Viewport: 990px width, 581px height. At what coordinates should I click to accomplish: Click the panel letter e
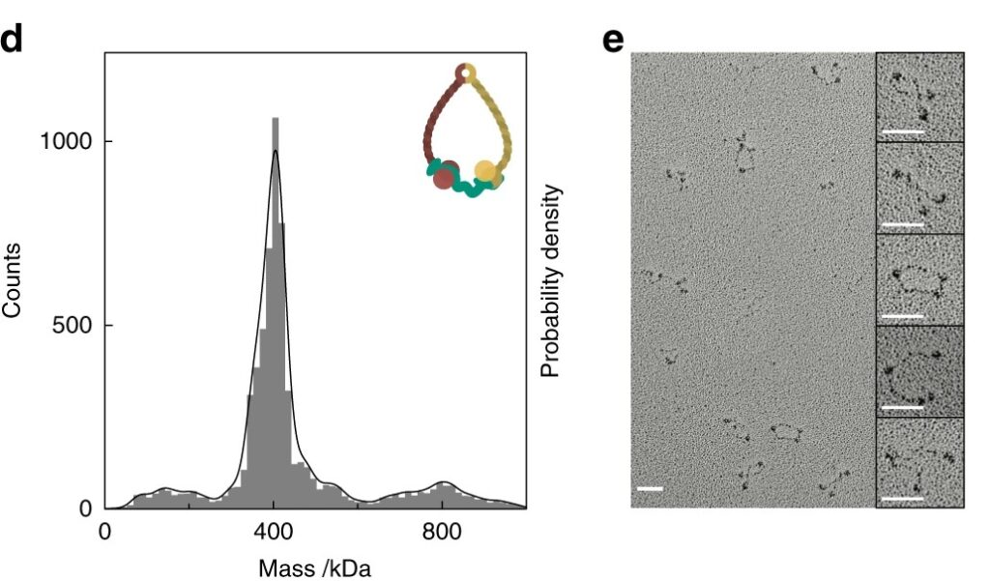613,44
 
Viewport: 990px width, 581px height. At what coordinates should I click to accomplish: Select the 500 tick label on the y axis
75,325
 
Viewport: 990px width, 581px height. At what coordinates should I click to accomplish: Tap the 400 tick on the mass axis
274,530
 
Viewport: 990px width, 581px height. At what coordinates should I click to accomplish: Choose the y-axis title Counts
13,279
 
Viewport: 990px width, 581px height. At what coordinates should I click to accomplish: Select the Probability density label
551,282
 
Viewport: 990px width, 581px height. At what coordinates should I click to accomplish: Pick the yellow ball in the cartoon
487,175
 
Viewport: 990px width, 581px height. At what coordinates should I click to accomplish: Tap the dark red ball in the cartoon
444,176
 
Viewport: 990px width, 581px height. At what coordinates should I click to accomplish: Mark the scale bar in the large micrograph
651,489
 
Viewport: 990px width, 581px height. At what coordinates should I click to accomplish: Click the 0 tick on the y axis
86,508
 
